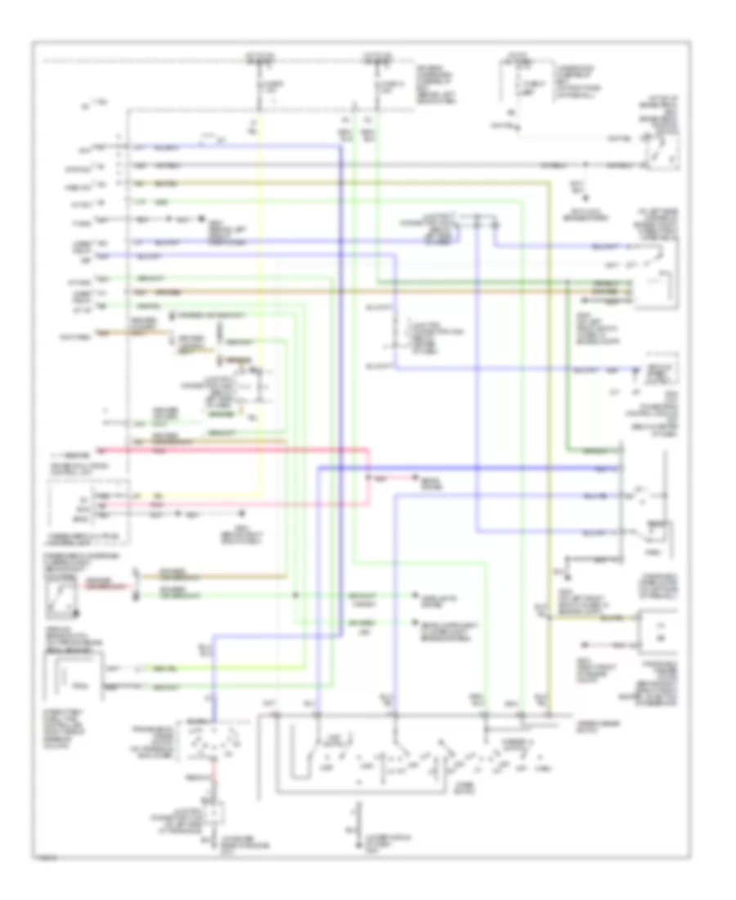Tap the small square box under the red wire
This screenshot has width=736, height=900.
pyautogui.click(x=215, y=814)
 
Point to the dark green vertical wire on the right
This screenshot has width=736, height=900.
pyautogui.click(x=568, y=368)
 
